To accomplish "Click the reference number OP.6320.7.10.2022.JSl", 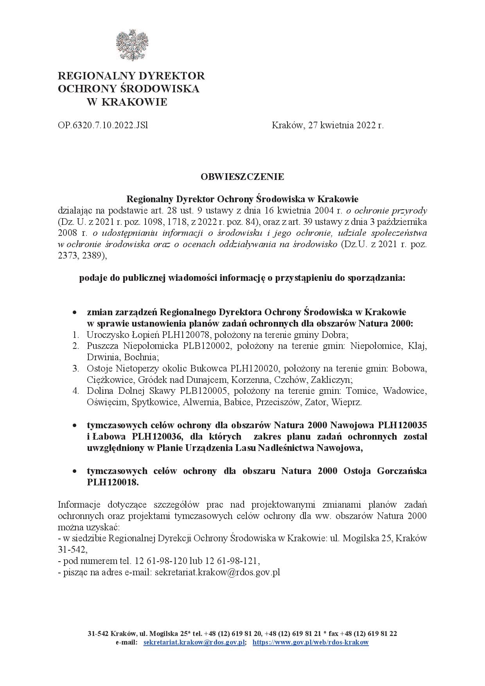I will (x=103, y=126).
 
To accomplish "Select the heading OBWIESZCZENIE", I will (x=242, y=177).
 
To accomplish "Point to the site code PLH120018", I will (x=113, y=482).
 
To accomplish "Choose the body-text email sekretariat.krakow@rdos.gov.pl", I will (x=218, y=573).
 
